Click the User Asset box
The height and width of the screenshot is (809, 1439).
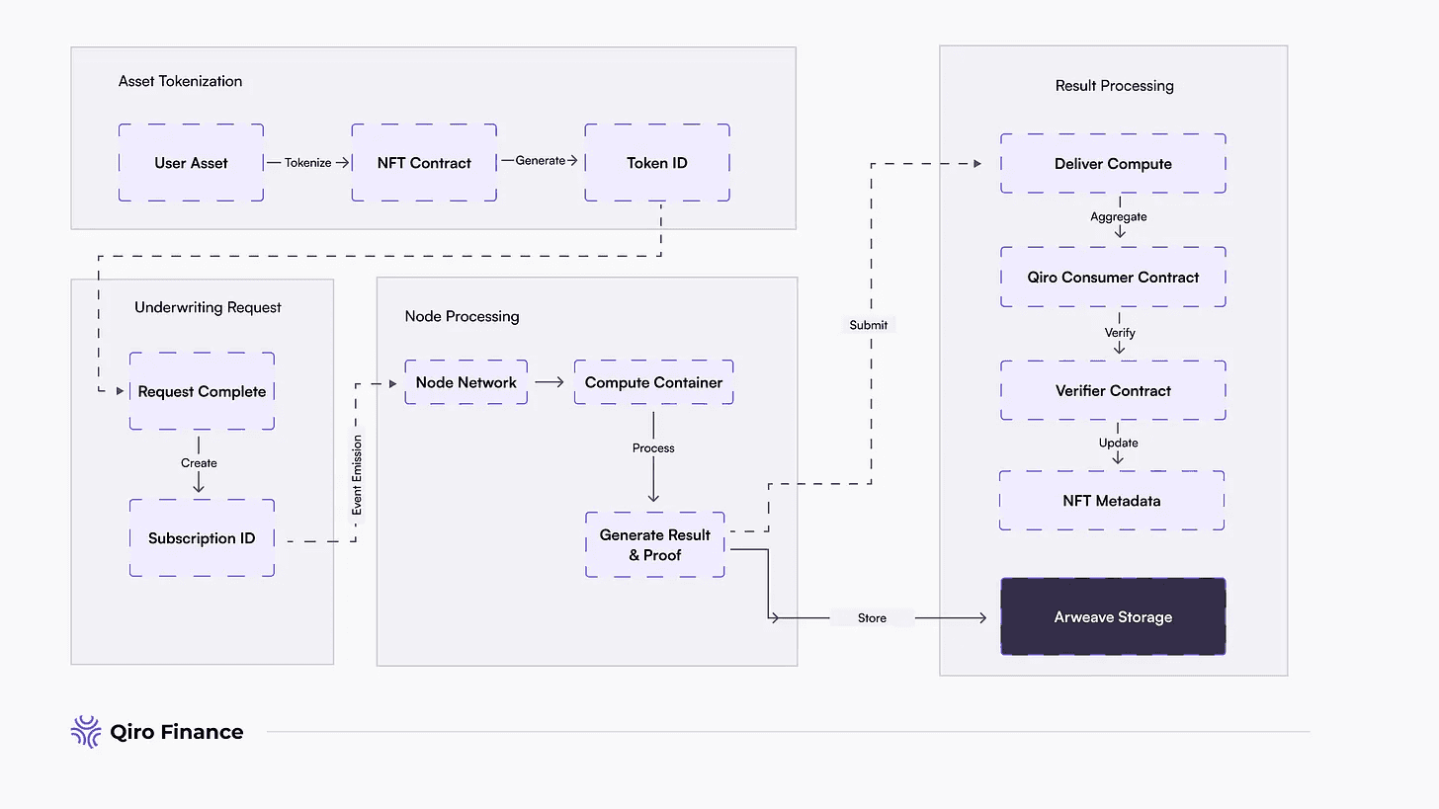(191, 162)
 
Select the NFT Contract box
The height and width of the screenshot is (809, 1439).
(424, 162)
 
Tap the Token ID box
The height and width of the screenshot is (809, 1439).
(657, 162)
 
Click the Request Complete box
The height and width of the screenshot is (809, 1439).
(202, 391)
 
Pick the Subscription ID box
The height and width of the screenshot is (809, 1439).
(202, 538)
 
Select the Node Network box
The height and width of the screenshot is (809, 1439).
(466, 382)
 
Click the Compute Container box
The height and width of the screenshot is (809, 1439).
(654, 382)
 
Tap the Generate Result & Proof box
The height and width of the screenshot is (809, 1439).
(655, 544)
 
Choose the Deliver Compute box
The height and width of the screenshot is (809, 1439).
(1113, 163)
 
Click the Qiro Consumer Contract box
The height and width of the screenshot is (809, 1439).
(1113, 277)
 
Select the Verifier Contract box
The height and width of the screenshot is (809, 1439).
(1113, 390)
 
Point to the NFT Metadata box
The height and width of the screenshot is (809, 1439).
(1112, 500)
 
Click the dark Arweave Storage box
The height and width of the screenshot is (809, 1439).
(1113, 616)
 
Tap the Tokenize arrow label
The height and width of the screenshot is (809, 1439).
(307, 162)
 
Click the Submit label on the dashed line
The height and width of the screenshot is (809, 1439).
(869, 325)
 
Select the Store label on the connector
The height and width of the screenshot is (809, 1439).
(872, 617)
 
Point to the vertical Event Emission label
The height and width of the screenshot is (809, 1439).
(357, 475)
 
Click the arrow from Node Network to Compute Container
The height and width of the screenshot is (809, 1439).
(550, 382)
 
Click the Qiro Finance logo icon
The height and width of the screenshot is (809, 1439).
(86, 732)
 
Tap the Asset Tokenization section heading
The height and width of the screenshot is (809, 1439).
(180, 81)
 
